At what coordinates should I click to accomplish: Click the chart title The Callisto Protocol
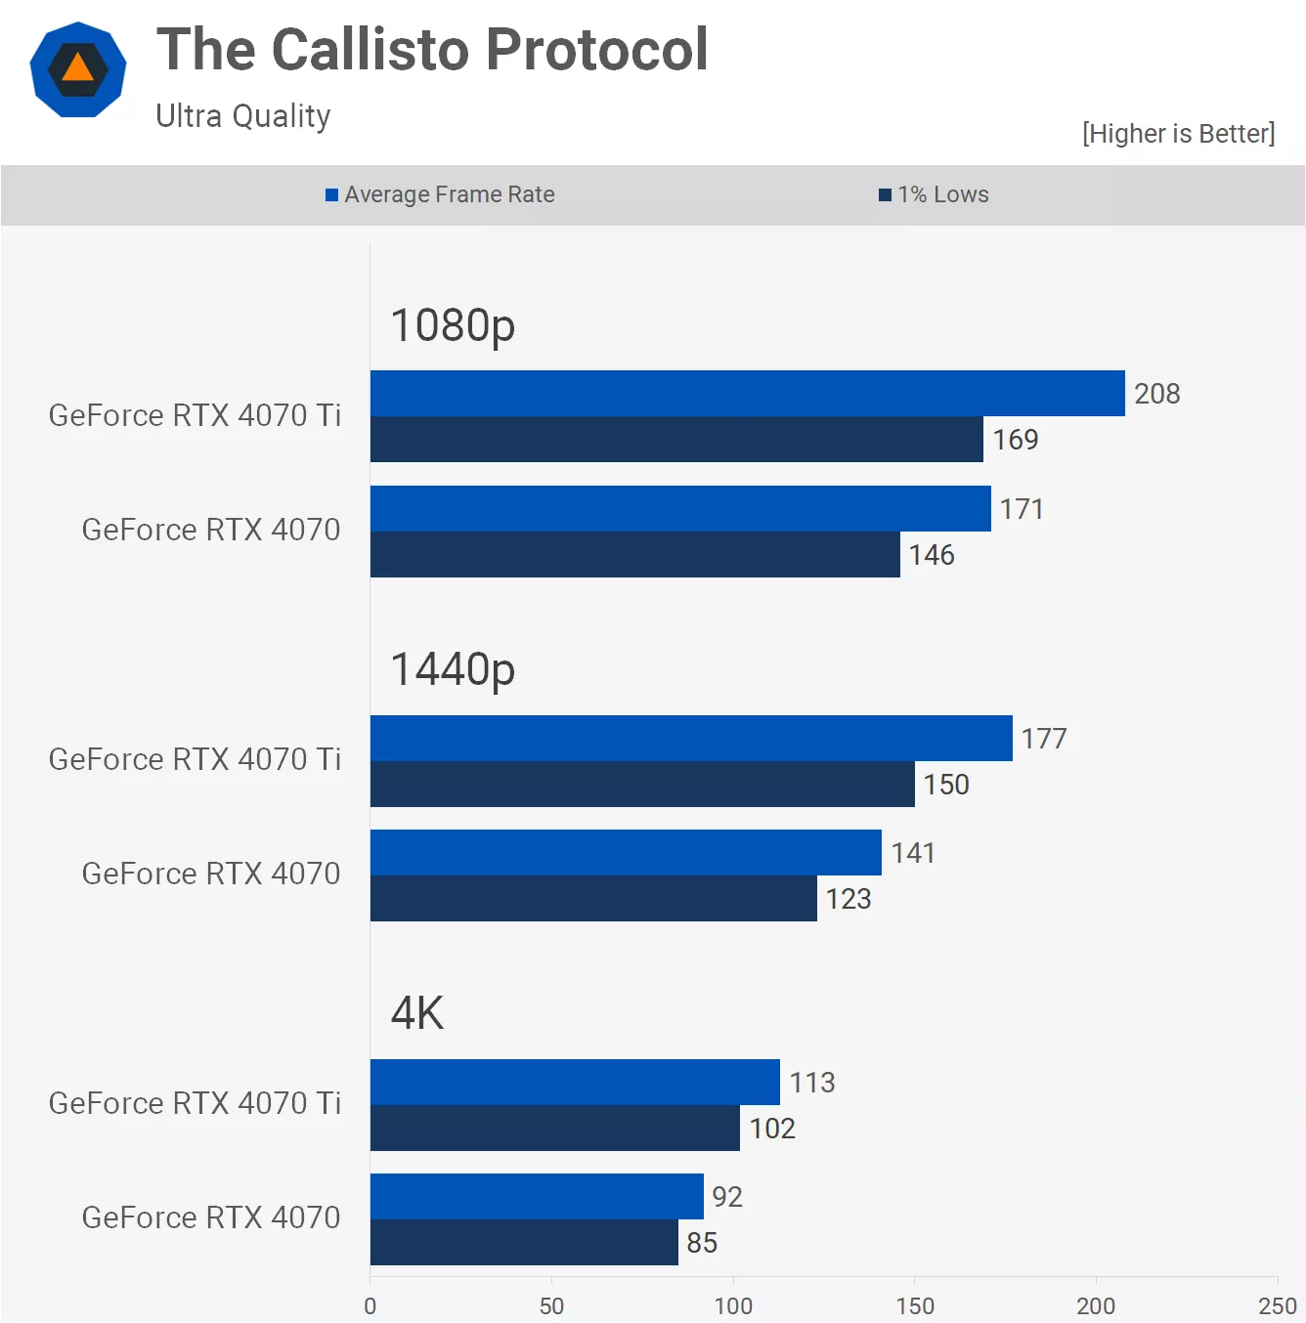coord(432,50)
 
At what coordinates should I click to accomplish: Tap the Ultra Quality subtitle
coord(243,116)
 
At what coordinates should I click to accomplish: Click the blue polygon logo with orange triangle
coord(78,69)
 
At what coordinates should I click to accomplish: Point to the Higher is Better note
coord(1178,134)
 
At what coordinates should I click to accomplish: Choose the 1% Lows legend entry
coord(934,194)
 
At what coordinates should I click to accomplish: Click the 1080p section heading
coord(453,325)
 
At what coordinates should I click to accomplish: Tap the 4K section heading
coord(417,1013)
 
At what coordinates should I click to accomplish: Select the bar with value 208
coord(747,394)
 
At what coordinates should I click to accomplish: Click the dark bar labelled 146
coord(634,555)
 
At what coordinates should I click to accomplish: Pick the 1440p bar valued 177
coord(691,739)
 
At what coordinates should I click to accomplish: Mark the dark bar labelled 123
coord(593,899)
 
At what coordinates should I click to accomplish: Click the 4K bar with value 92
coord(537,1197)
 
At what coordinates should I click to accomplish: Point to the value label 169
coord(1016,440)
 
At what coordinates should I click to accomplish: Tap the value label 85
coord(702,1243)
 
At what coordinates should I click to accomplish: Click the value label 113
coord(812,1083)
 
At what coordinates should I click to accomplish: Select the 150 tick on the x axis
coord(915,1306)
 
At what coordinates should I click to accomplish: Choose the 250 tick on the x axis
coord(1277,1306)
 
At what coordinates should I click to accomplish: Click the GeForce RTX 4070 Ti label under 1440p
coord(195,759)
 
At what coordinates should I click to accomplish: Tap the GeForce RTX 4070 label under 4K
coord(211,1217)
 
